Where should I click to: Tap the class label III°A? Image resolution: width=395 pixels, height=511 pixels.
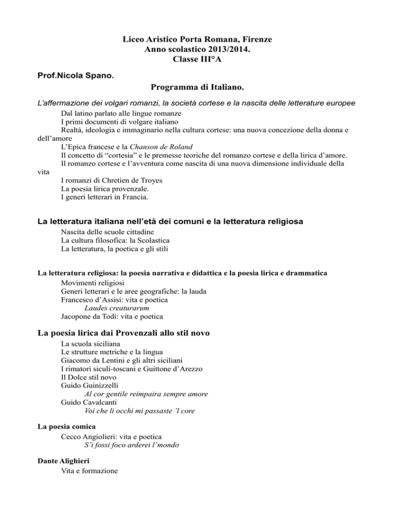[x=214, y=60]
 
